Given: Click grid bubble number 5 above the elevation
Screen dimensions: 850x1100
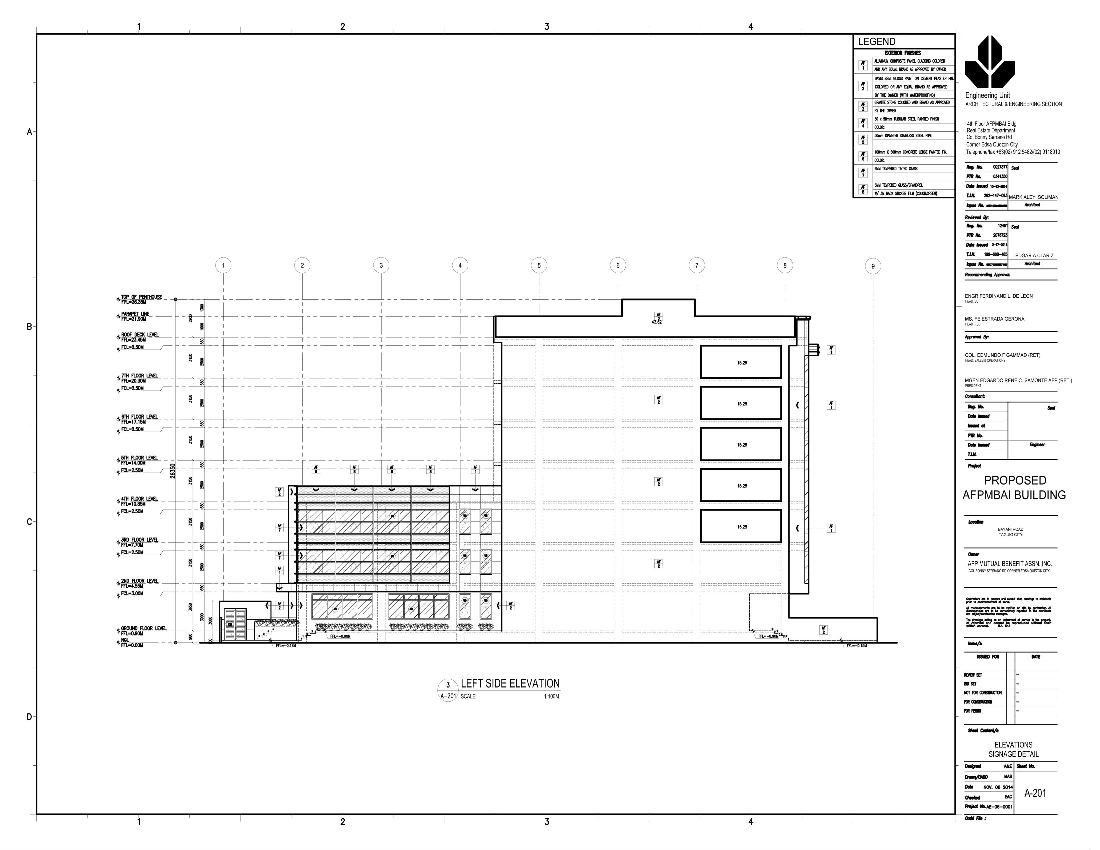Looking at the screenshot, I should coord(539,265).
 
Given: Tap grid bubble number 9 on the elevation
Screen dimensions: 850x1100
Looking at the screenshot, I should coord(873,266).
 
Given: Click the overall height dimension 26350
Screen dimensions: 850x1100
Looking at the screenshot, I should coord(173,471).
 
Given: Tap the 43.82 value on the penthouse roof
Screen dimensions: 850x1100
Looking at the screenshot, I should coord(657,322).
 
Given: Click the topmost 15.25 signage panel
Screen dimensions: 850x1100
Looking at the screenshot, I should coord(741,363).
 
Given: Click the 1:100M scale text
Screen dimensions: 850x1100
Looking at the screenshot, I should coord(551,696).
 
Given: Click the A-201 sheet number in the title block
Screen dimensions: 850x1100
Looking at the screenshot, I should coord(1035,793).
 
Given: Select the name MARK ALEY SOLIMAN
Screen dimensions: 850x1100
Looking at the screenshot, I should coord(1034,197).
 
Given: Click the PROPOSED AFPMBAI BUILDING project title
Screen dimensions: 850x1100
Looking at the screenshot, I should coord(1014,487).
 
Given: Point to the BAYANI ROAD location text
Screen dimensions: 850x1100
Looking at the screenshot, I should coord(1010,529).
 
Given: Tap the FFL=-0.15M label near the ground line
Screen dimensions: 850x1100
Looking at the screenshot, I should coord(856,646).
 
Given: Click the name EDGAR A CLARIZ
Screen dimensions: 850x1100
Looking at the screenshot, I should coord(1034,255).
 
